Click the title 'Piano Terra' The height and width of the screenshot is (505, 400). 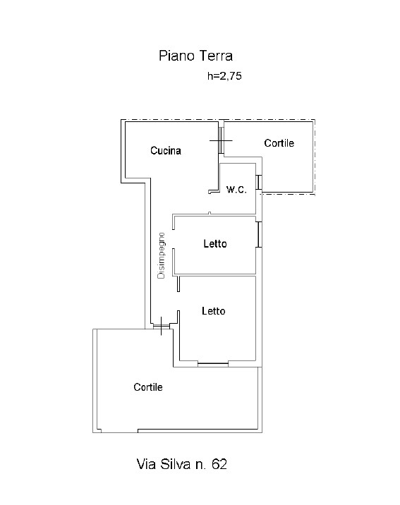[195, 56]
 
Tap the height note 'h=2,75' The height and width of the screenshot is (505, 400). [224, 76]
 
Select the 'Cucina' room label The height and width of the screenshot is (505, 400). [166, 150]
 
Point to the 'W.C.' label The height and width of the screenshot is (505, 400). [236, 189]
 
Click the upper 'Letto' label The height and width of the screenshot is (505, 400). [214, 243]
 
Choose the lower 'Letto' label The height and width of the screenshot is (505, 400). [214, 311]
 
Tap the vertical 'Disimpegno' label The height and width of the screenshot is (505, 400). [161, 256]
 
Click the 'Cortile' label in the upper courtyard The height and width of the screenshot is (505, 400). [279, 143]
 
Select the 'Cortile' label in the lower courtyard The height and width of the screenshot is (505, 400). [148, 387]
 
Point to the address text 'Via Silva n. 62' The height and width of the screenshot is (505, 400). [182, 464]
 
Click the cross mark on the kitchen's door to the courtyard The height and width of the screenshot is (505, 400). [221, 140]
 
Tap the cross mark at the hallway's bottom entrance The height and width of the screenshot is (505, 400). [161, 326]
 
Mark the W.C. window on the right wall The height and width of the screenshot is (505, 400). [259, 182]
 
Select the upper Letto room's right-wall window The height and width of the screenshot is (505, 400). [259, 234]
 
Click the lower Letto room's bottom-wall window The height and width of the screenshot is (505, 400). [213, 364]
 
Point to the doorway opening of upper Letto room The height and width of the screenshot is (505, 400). [174, 239]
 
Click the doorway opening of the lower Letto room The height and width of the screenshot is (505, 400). [178, 301]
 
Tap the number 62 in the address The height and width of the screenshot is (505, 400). [219, 464]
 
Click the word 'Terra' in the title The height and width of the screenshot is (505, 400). [215, 56]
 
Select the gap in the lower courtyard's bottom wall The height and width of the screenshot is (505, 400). [119, 431]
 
